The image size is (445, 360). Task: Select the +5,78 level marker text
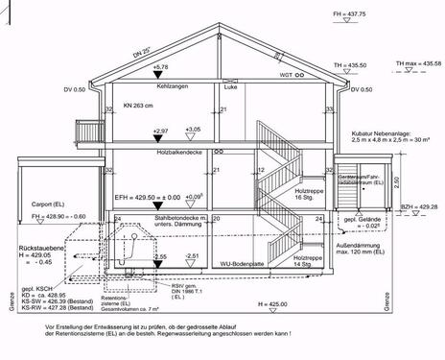(160, 67)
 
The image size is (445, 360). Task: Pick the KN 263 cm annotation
(140, 106)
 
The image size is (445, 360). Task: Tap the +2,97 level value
(160, 130)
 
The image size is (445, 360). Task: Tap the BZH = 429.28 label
(419, 206)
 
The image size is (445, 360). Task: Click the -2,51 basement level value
(193, 255)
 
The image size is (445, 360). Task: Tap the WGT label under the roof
(286, 74)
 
